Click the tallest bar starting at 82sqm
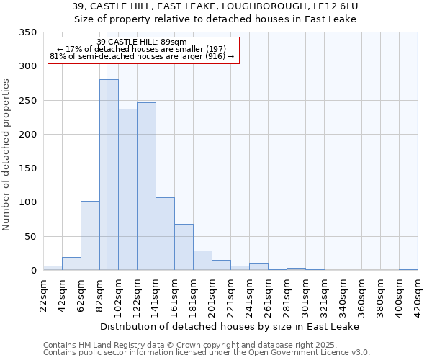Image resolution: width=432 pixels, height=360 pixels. [109, 175]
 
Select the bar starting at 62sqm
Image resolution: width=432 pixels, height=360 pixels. [90, 235]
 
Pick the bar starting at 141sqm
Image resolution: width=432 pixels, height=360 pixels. [165, 234]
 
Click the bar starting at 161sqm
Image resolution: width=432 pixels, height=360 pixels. [184, 247]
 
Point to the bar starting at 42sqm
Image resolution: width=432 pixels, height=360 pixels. [71, 264]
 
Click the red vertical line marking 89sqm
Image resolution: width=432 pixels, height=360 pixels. [107, 144]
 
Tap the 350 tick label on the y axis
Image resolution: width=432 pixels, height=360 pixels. [27, 32]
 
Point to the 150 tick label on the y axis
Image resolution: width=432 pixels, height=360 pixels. [27, 168]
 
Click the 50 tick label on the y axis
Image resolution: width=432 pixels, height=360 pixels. [30, 236]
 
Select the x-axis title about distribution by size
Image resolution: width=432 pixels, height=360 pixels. [230, 326]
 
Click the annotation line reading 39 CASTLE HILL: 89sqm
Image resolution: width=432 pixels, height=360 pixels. [142, 42]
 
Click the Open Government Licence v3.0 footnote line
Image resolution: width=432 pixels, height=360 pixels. [207, 353]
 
